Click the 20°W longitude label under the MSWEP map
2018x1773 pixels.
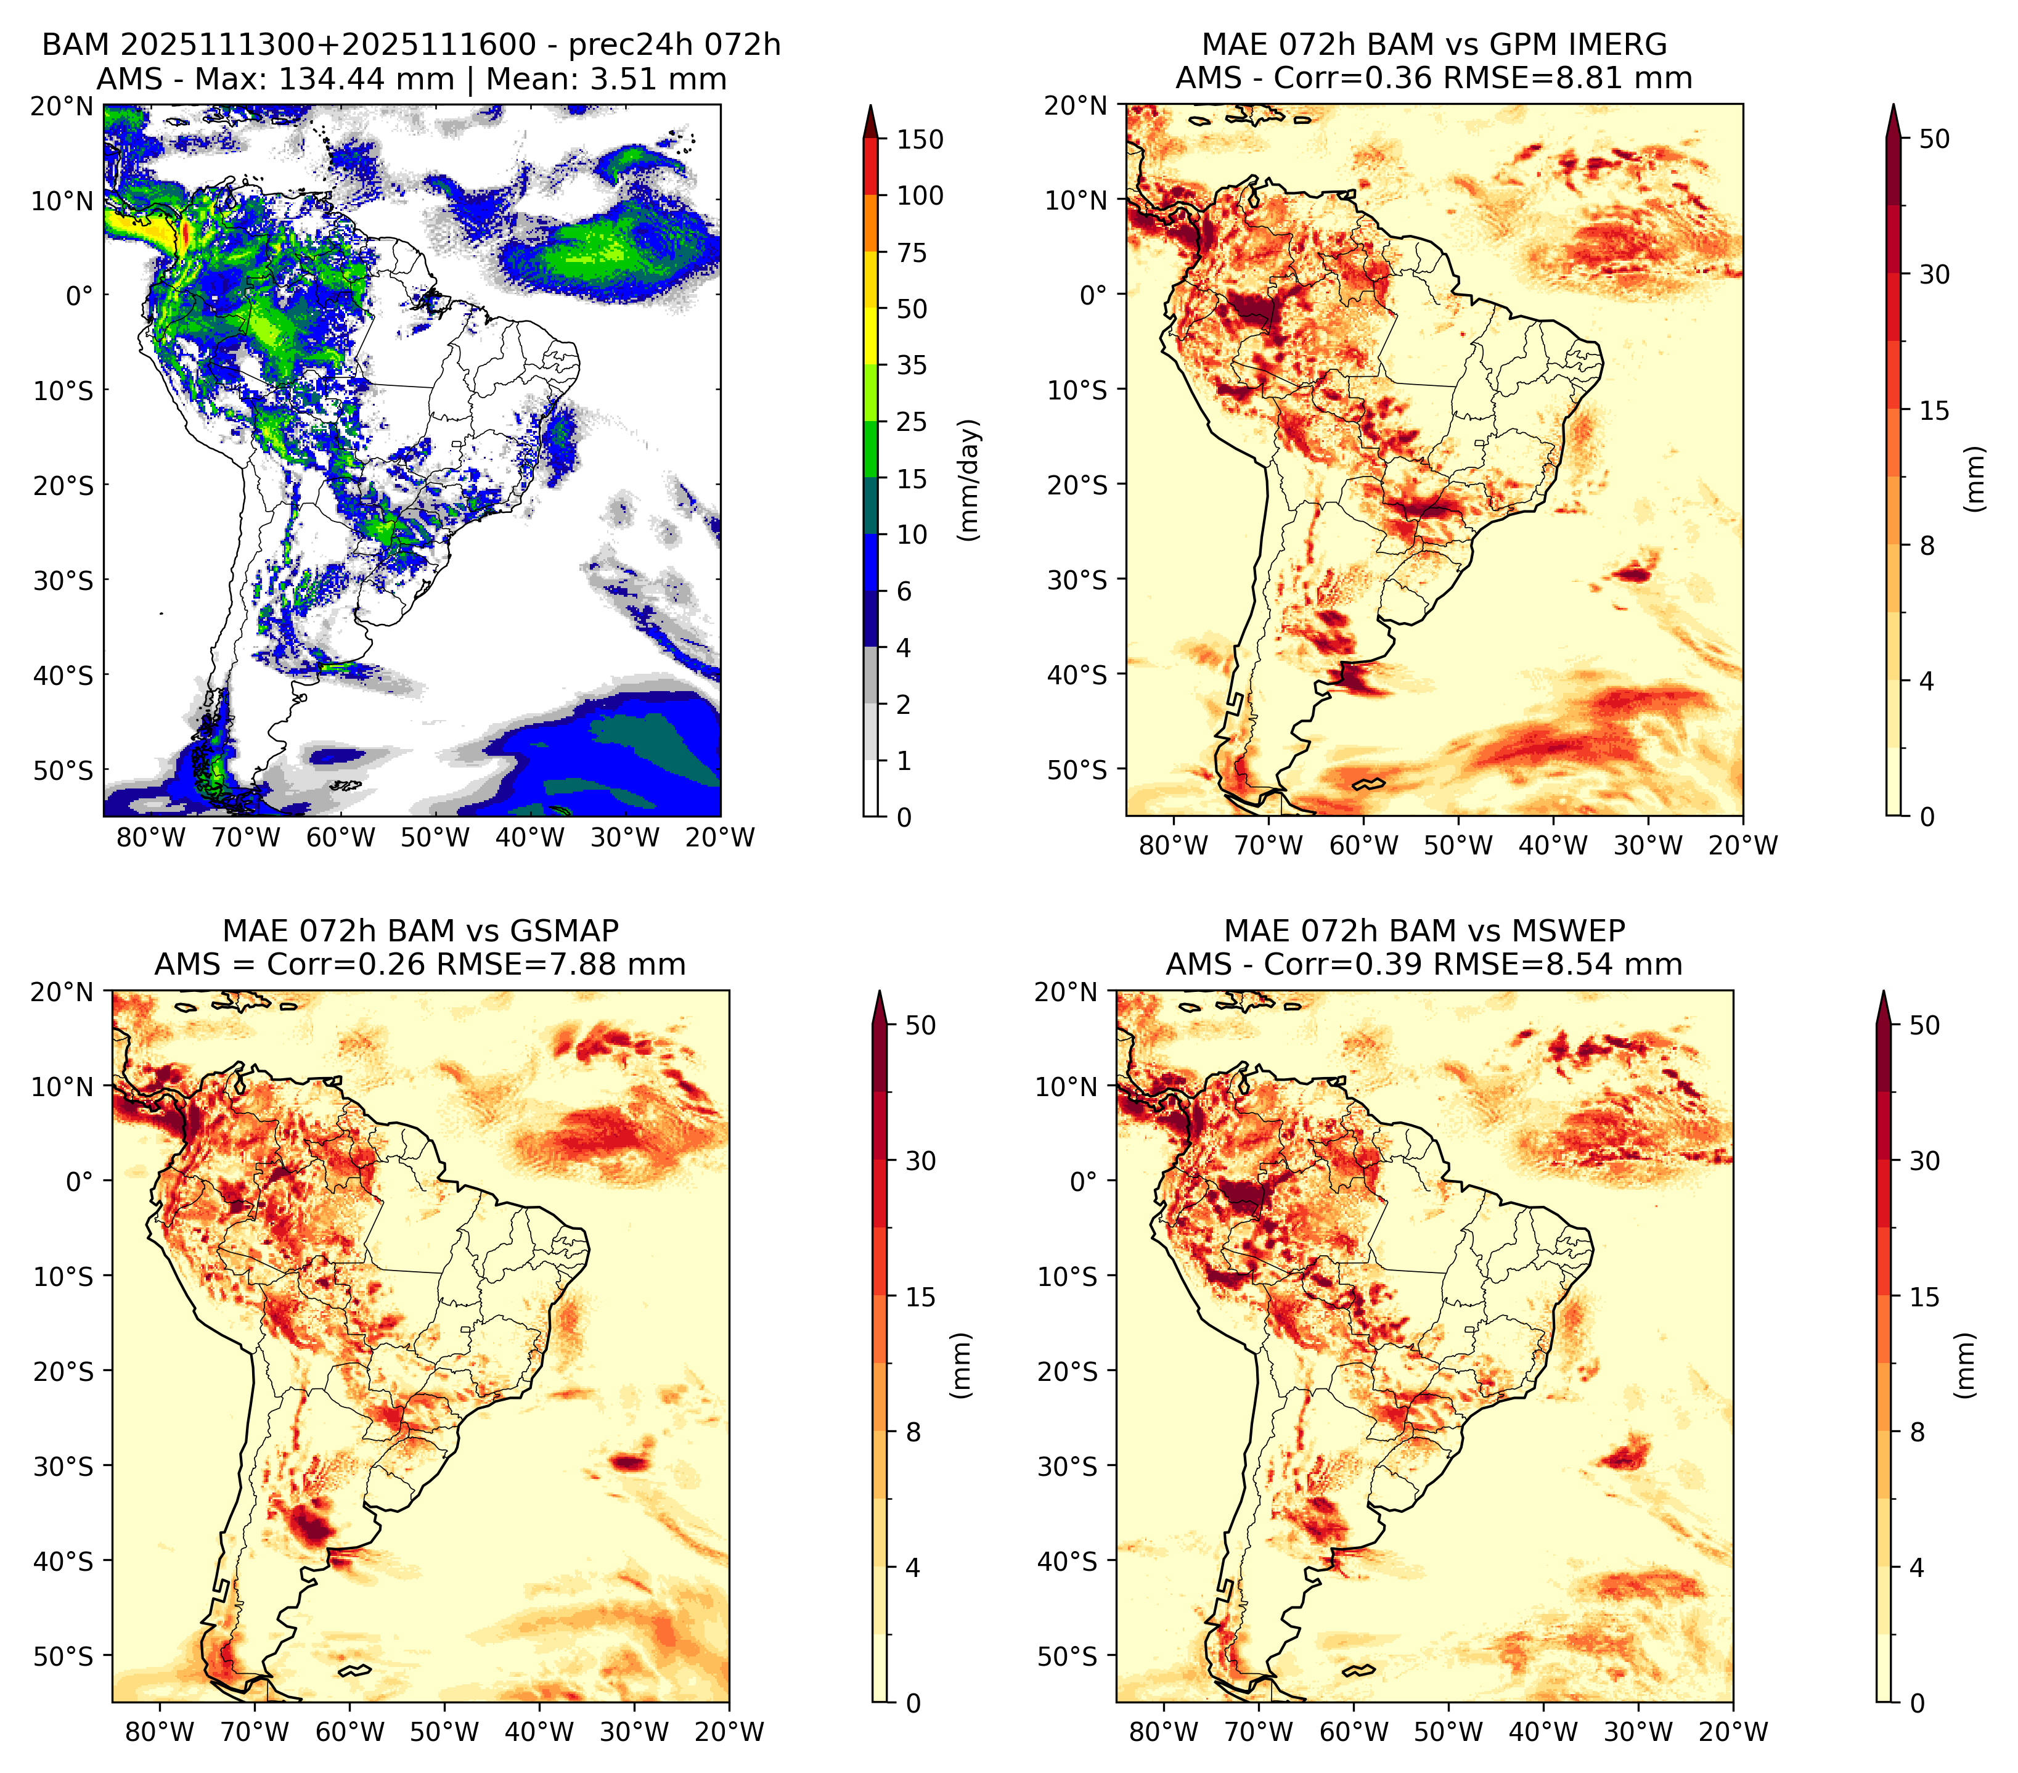(x=1733, y=1732)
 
